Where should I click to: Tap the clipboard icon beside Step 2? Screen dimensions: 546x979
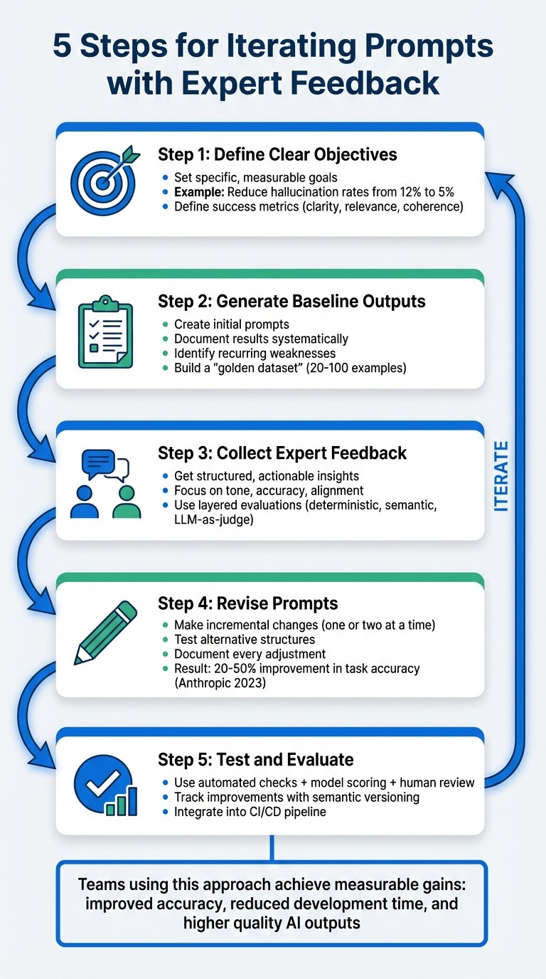pyautogui.click(x=105, y=332)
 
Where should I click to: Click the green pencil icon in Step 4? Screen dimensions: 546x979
pyautogui.click(x=106, y=633)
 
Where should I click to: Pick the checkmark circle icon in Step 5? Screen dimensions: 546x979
pyautogui.click(x=105, y=785)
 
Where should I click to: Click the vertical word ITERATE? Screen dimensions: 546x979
pyautogui.click(x=501, y=477)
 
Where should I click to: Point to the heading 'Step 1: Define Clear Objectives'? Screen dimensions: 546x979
pyautogui.click(x=277, y=154)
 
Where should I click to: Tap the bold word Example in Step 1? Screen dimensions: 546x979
pyautogui.click(x=199, y=192)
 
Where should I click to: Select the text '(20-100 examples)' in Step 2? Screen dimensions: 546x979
pyautogui.click(x=356, y=368)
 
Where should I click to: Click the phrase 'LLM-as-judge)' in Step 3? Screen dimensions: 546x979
pyautogui.click(x=213, y=519)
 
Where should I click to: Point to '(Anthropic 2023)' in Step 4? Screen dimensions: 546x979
pyautogui.click(x=220, y=683)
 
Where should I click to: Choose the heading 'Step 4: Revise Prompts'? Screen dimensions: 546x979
pyautogui.click(x=247, y=603)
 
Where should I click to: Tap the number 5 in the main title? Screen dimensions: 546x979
pyautogui.click(x=62, y=46)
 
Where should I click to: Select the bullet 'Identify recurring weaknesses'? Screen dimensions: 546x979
pyautogui.click(x=255, y=353)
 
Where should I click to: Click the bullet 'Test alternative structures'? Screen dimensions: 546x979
pyautogui.click(x=245, y=640)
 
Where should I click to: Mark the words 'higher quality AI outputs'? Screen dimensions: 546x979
pyautogui.click(x=272, y=923)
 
